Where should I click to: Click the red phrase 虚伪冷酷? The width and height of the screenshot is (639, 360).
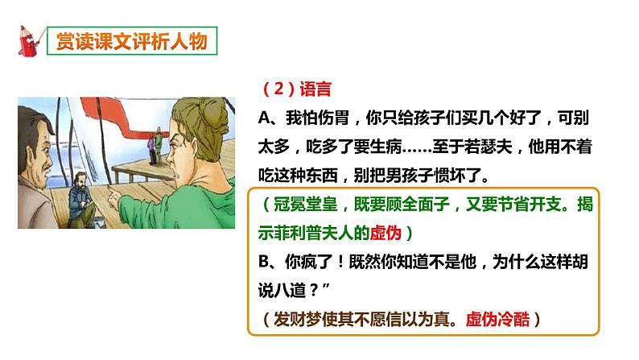pos(502,318)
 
